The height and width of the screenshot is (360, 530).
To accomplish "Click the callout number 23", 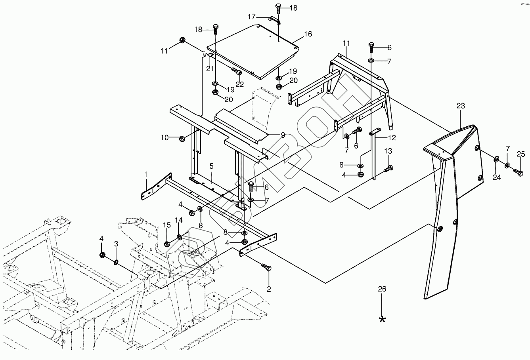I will coord(460,106).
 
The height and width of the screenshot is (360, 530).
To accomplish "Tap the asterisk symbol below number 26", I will coord(382,319).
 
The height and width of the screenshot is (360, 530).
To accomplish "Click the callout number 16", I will coord(308,34).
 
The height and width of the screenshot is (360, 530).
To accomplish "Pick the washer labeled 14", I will coord(180,237).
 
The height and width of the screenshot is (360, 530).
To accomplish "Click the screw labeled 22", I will coord(237,72).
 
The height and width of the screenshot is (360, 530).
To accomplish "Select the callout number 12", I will coord(391,138).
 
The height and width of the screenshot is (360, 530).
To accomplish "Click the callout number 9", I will coord(283,135).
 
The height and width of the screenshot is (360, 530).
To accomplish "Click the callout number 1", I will coord(145,174).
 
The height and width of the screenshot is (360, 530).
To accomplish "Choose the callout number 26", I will coord(382,289).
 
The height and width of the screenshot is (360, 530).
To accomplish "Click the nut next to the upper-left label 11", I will coord(182,40).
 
